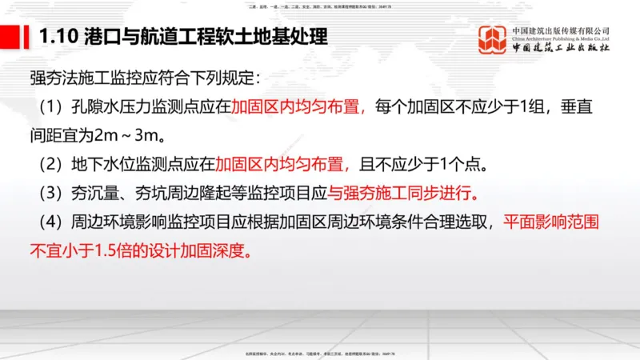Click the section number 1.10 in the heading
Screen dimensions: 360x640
pyautogui.click(x=57, y=36)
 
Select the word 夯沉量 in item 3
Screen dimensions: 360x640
pyautogui.click(x=86, y=194)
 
